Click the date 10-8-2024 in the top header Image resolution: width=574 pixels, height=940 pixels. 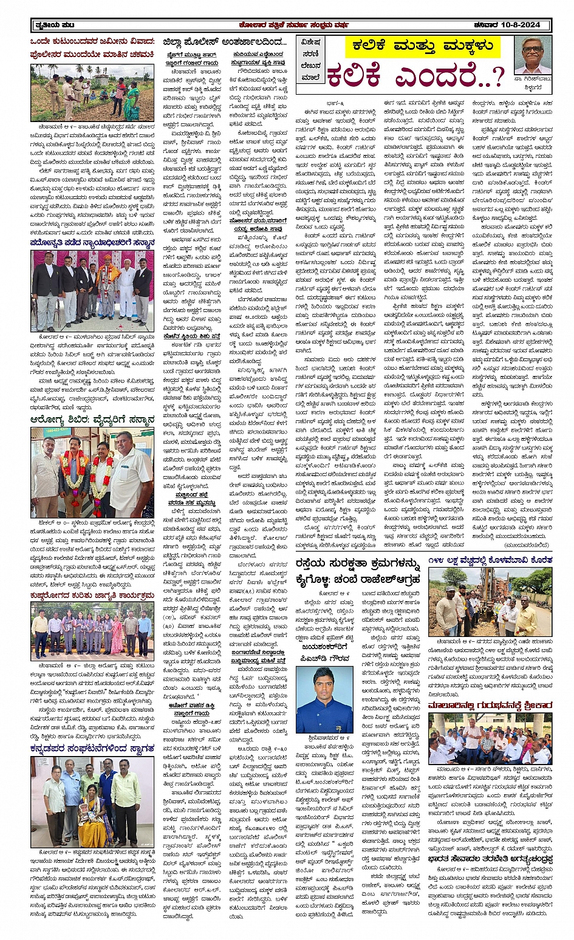pos(524,25)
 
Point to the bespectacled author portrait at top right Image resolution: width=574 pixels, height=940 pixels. pos(533,56)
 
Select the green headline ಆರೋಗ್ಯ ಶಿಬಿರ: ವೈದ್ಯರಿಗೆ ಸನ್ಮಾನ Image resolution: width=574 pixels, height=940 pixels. pos(92,420)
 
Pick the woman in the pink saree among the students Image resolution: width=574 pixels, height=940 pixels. pos(116,635)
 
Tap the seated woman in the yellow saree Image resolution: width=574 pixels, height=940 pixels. pos(92,817)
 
